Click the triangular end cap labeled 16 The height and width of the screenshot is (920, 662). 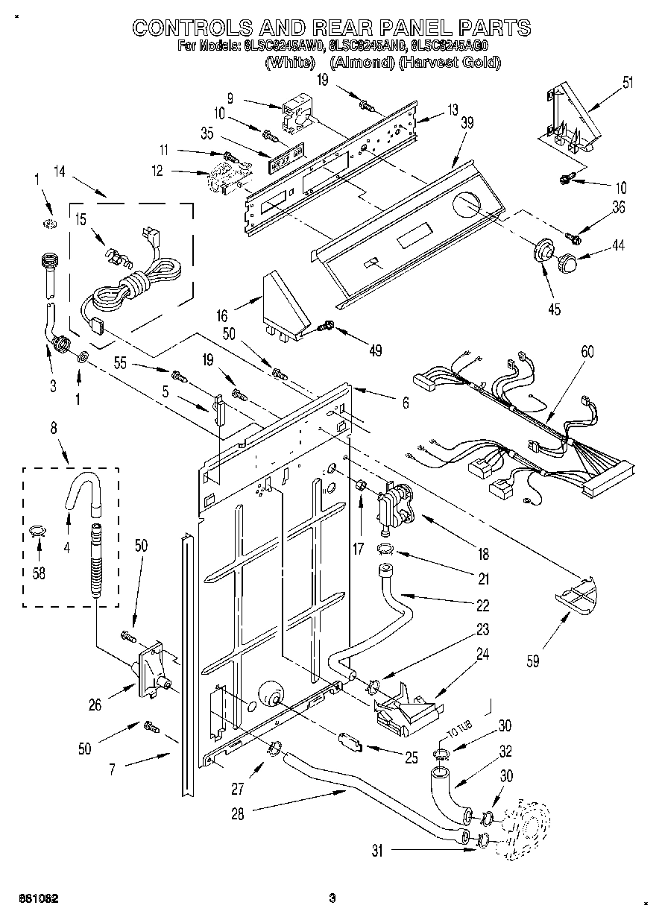[286, 305]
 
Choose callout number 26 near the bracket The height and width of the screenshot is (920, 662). [94, 705]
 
